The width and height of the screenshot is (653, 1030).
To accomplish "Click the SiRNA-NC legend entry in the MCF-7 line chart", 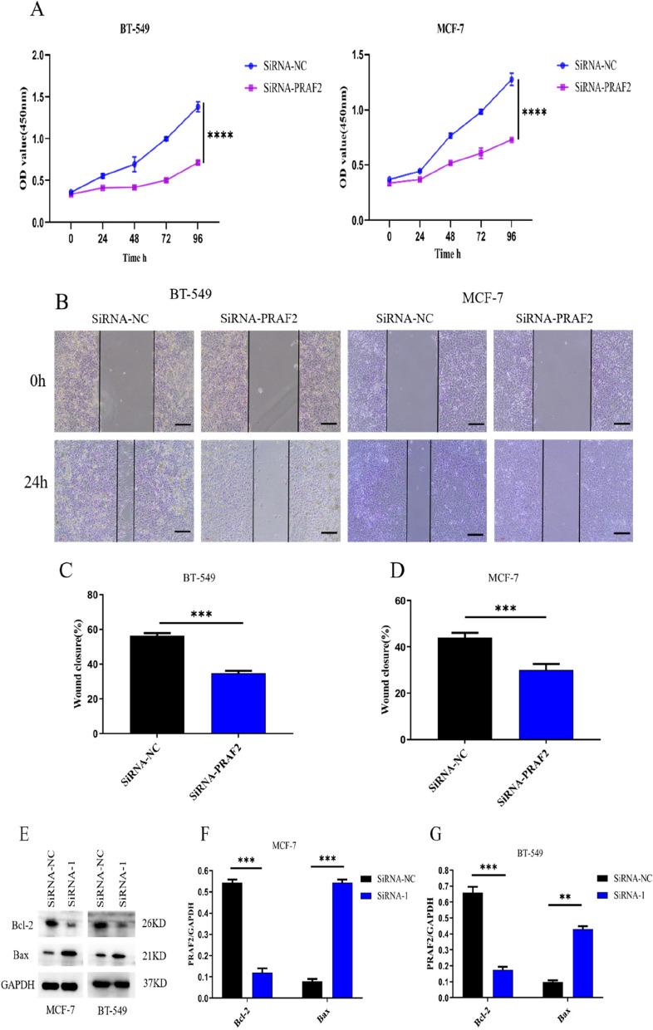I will click(x=591, y=62).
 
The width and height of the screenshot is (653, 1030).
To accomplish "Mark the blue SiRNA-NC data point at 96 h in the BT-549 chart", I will click(x=198, y=107).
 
